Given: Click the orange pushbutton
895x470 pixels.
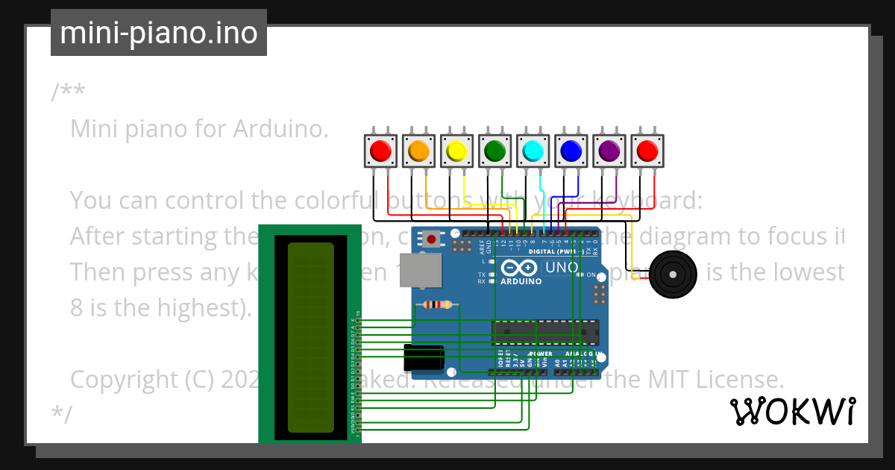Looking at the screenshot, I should pyautogui.click(x=418, y=151).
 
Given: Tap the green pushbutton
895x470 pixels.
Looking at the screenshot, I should pyautogui.click(x=494, y=151).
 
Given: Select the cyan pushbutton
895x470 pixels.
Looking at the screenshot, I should pyautogui.click(x=533, y=151).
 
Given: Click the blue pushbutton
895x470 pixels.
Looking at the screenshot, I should pyautogui.click(x=571, y=151).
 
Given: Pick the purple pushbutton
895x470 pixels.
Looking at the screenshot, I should pyautogui.click(x=609, y=151).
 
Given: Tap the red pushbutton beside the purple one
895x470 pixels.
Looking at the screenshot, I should pyautogui.click(x=647, y=151).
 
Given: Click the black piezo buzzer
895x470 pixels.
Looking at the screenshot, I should pyautogui.click(x=673, y=275).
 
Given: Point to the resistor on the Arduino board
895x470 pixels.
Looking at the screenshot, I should pyautogui.click(x=437, y=304).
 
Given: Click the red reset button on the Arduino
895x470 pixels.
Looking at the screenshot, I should pyautogui.click(x=430, y=239).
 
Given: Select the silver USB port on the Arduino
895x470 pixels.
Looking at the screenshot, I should pyautogui.click(x=416, y=269).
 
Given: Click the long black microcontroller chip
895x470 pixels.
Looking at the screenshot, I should pyautogui.click(x=545, y=330).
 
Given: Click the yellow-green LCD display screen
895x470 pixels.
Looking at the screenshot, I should pyautogui.click(x=310, y=337).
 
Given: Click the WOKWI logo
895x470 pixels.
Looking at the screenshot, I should pyautogui.click(x=792, y=411).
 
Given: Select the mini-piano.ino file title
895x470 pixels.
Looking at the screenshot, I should pyautogui.click(x=158, y=34).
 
